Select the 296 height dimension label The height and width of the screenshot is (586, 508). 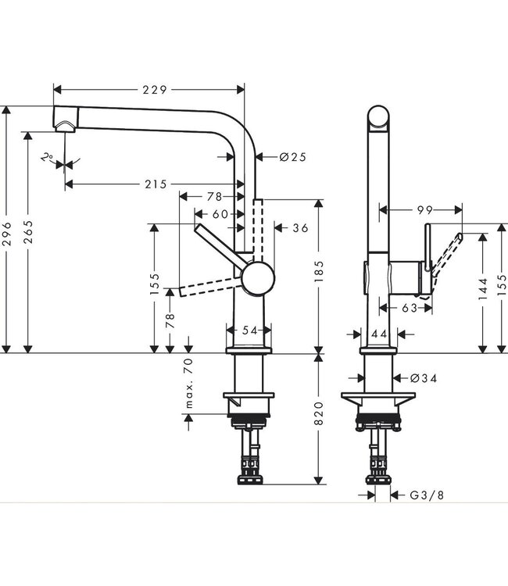point(8,232)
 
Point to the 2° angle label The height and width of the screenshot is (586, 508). point(49,157)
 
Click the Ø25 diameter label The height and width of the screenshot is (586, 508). point(292,157)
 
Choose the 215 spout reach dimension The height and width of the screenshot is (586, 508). point(156,184)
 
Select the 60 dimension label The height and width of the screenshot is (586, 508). point(220,214)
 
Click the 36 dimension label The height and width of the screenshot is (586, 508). point(301,228)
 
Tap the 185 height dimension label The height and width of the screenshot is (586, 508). point(318,275)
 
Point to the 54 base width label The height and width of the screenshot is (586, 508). point(249,331)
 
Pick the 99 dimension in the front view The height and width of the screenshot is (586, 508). point(424,209)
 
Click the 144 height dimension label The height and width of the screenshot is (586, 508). point(482,287)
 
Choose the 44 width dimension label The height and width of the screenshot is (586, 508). point(381,334)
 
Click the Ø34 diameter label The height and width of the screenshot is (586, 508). point(423,378)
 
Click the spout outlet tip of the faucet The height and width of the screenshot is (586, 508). point(63,124)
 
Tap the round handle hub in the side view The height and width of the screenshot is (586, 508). point(259,279)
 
